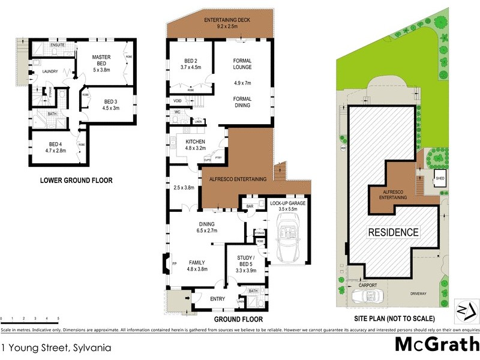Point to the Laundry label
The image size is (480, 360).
pos(50,72)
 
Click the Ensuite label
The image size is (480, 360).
pos(58,45)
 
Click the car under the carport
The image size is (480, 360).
pos(368,296)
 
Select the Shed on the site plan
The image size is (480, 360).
pos(440,178)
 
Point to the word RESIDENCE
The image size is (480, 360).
pos(393,232)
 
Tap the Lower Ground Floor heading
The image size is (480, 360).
pos(76,180)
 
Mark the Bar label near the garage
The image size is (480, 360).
pos(249,206)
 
